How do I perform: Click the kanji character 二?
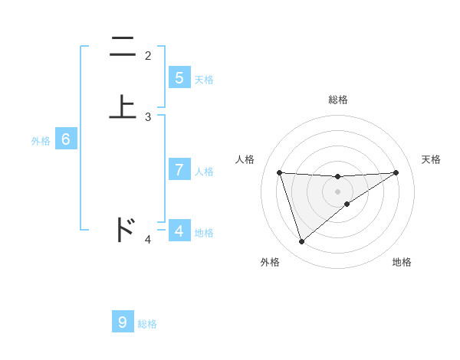click(122, 47)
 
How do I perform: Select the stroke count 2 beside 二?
click(148, 56)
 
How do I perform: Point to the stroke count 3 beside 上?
click(148, 117)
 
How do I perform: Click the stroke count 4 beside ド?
click(148, 240)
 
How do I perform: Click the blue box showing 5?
click(179, 77)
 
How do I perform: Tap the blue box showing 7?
click(179, 169)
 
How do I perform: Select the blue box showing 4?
click(179, 231)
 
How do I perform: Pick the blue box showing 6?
click(66, 139)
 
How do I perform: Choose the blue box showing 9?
click(123, 322)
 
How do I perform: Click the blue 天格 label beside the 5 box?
click(204, 79)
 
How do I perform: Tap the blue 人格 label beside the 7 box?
click(204, 171)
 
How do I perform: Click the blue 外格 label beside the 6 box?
click(41, 141)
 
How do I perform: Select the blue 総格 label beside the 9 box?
click(147, 324)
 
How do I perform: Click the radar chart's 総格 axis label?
click(338, 100)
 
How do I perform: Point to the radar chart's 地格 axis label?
click(402, 262)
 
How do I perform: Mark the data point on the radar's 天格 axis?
click(396, 172)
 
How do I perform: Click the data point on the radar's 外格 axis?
click(302, 242)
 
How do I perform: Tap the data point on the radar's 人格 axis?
click(280, 172)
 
